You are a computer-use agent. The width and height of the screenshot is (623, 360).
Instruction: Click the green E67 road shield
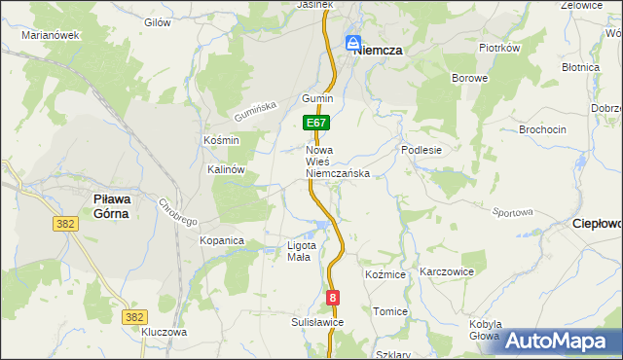[x=317, y=124]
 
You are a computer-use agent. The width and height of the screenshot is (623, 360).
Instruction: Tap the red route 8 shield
[x=334, y=299]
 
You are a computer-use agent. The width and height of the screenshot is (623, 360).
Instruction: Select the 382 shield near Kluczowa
[x=135, y=317]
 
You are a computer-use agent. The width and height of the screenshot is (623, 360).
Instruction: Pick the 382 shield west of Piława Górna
[x=65, y=224]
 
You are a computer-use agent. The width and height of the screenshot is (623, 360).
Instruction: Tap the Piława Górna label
[x=112, y=205]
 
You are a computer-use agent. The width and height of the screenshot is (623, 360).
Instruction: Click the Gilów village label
[x=157, y=21]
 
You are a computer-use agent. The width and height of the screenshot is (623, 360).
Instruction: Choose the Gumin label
[x=317, y=99]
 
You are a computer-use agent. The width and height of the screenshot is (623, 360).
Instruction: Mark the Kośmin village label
[x=221, y=140]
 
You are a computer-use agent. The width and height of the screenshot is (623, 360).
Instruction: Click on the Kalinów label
[x=225, y=168]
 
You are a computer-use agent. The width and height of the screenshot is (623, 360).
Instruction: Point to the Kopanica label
[x=221, y=239]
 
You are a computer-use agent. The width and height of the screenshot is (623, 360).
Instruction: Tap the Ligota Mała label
[x=300, y=251]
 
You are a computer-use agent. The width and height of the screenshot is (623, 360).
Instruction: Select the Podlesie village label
[x=421, y=151]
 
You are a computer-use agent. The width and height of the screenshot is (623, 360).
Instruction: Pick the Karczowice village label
[x=446, y=272]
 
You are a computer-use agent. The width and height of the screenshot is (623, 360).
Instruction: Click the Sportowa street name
[x=514, y=211]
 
